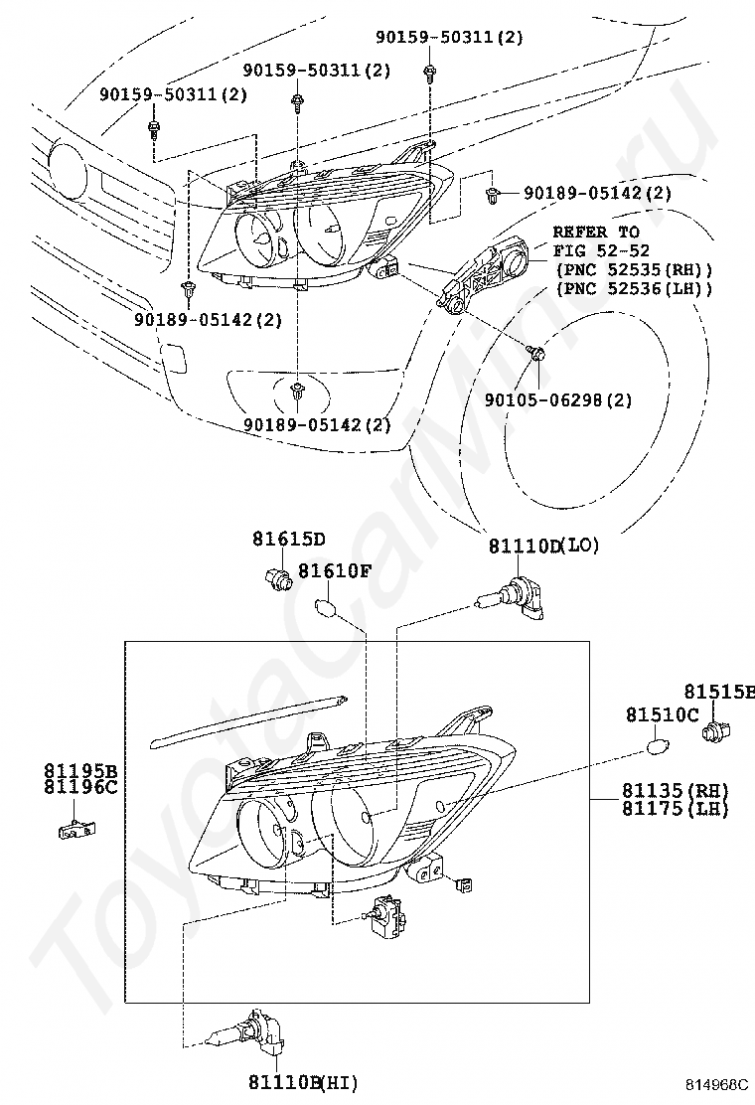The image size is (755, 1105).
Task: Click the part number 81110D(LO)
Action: pyautogui.click(x=543, y=546)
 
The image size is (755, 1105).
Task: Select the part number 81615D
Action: pyautogui.click(x=288, y=540)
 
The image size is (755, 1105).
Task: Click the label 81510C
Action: pyautogui.click(x=662, y=714)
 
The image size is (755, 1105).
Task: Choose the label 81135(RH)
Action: pyautogui.click(x=676, y=790)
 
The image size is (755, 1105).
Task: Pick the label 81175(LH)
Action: pyautogui.click(x=676, y=809)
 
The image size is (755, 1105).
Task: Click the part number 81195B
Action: pyautogui.click(x=79, y=770)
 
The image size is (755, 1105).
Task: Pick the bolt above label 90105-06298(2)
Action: pyautogui.click(x=535, y=353)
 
